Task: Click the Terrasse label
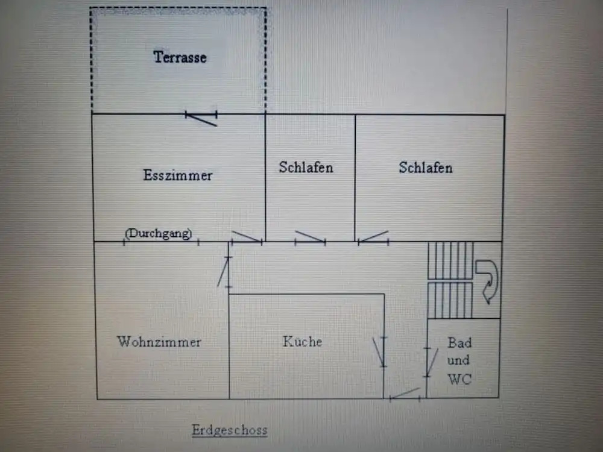point(180,57)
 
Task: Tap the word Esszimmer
point(178,175)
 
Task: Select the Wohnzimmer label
point(159,342)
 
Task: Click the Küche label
point(302,341)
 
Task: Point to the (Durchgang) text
point(159,233)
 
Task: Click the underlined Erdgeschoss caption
point(230,430)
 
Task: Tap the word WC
point(459,379)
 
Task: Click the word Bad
point(459,342)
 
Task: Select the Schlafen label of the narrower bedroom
point(306,168)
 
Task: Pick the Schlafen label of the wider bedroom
point(426,168)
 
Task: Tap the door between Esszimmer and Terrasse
point(201,118)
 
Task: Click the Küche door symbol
point(380,352)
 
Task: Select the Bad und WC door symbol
point(431,362)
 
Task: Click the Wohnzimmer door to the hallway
point(224,272)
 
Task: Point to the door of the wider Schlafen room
point(373,237)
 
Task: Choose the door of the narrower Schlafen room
point(311,237)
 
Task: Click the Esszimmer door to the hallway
point(247,237)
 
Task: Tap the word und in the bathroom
point(458,360)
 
